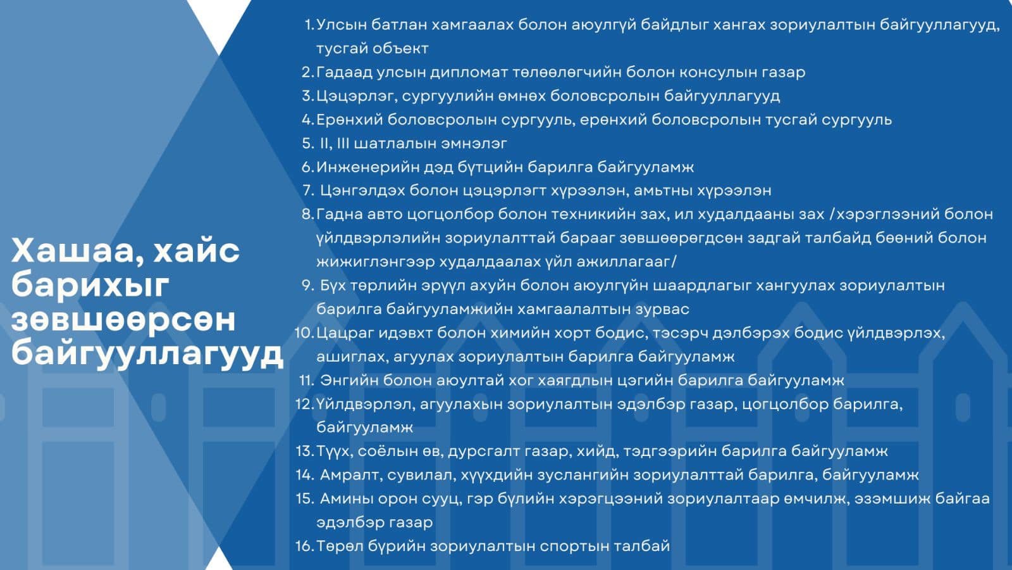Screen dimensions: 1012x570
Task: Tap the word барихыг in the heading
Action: coord(90,285)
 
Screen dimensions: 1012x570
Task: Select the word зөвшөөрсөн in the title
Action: coord(124,319)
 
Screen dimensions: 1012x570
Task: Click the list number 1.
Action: coord(309,25)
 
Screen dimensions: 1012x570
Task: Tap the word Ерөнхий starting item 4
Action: coord(350,120)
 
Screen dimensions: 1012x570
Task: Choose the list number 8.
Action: coord(307,215)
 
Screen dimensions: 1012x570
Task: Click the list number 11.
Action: coord(307,381)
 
